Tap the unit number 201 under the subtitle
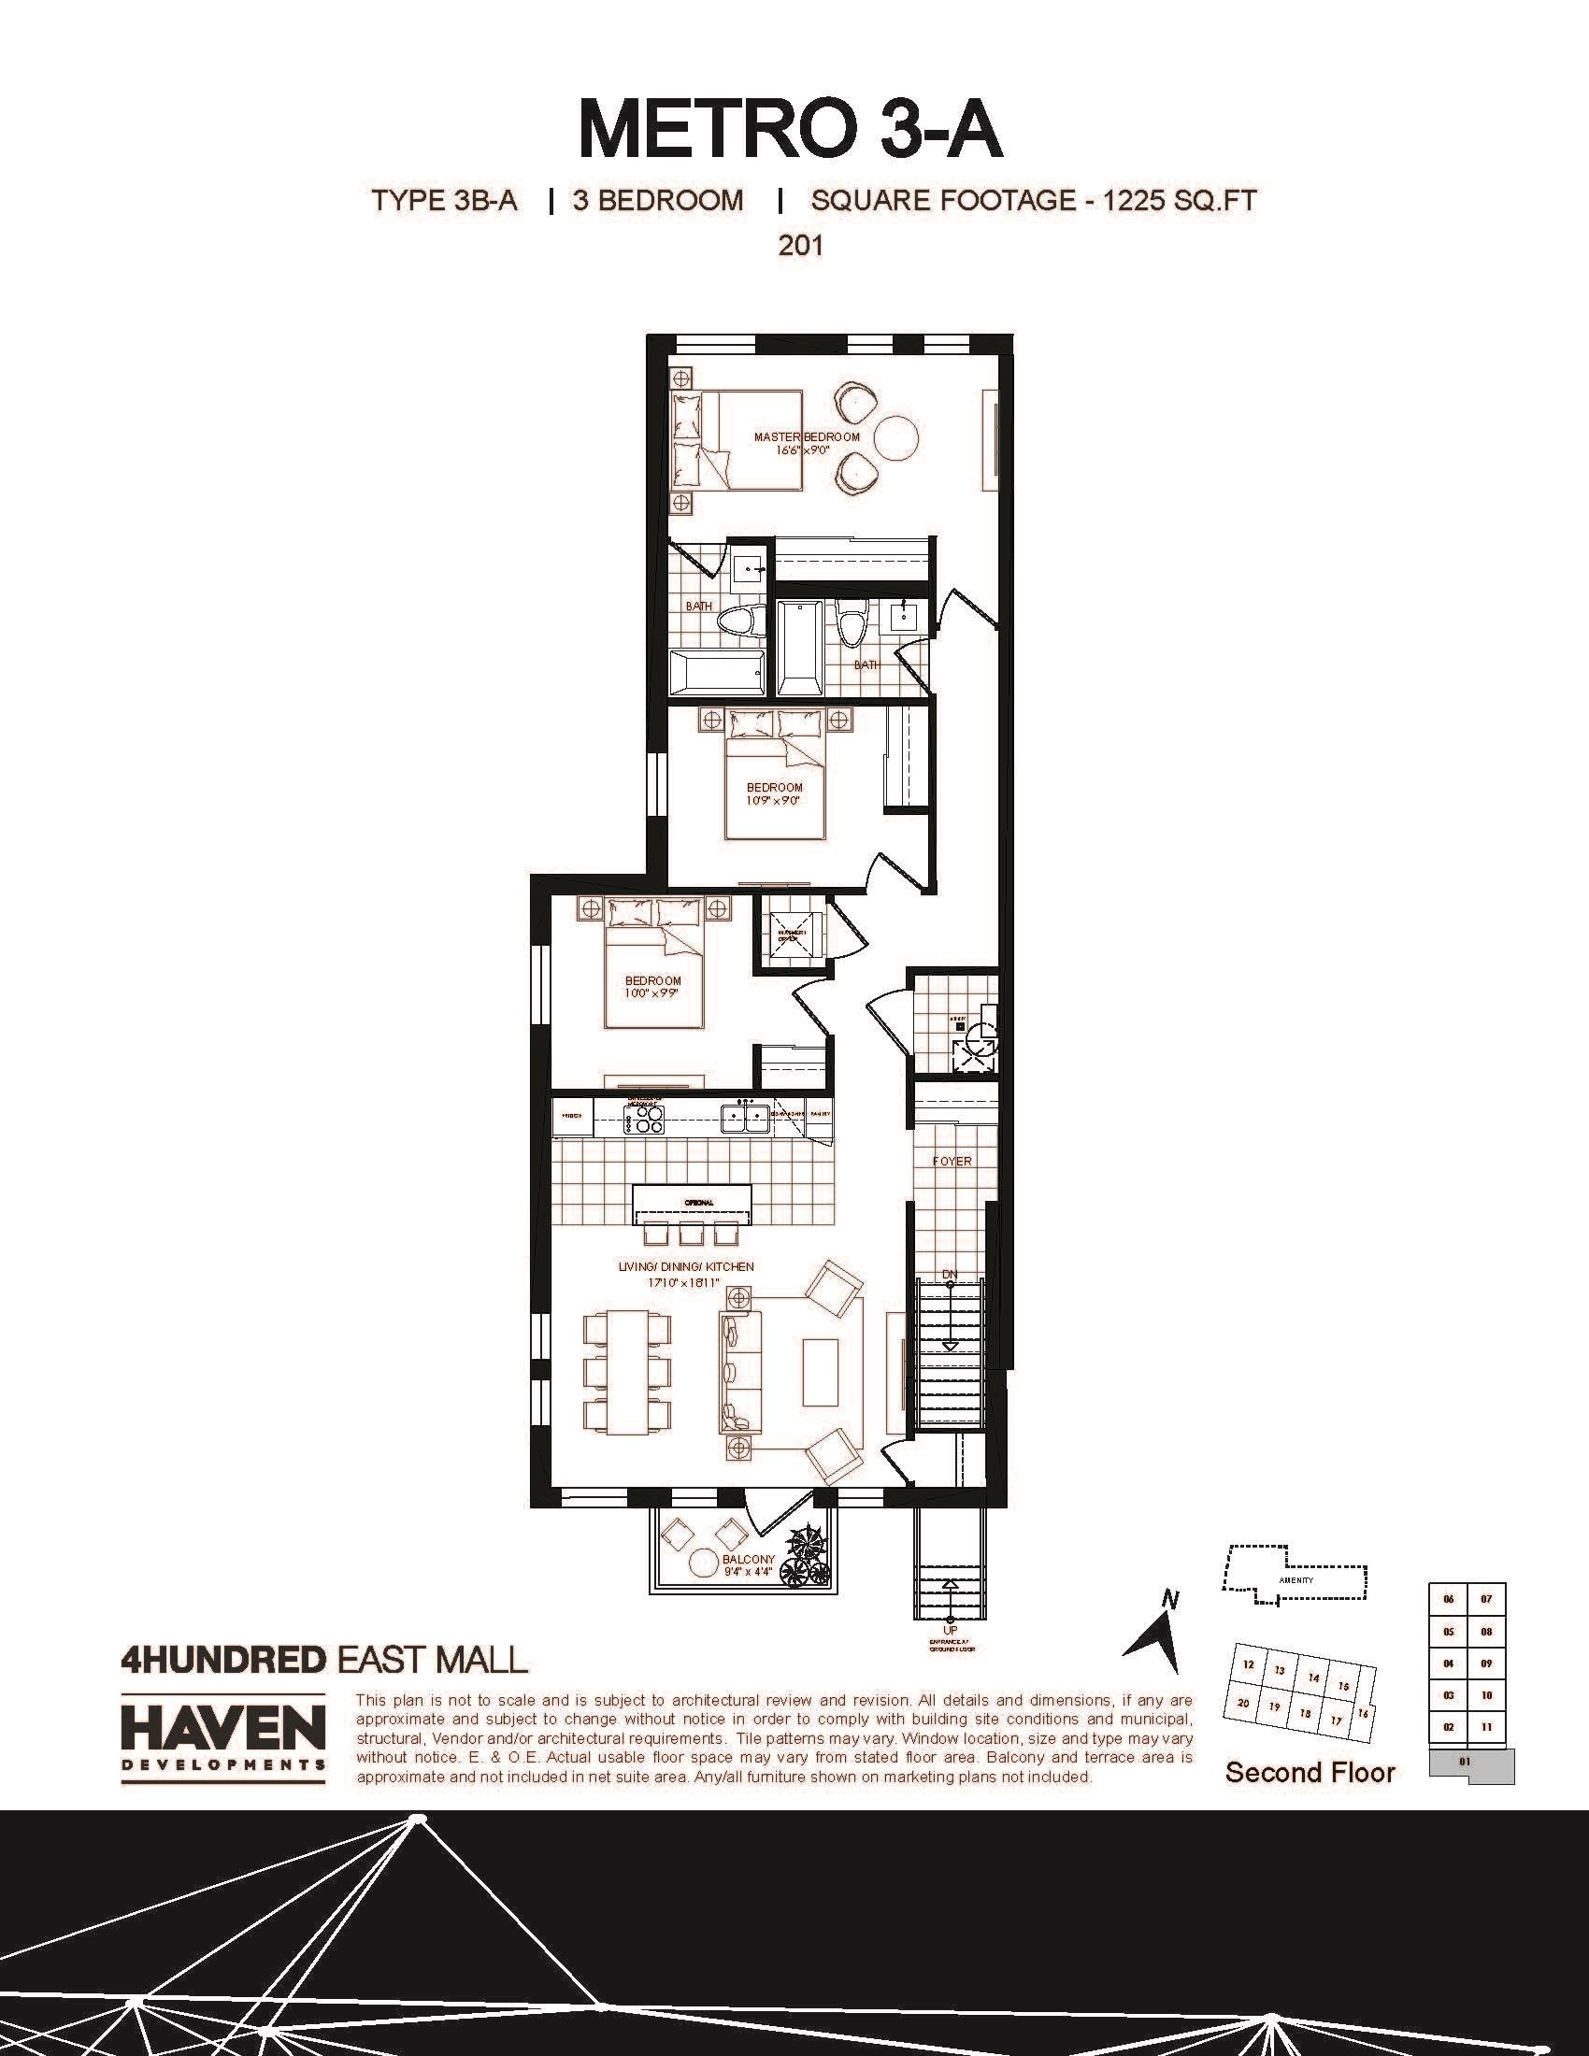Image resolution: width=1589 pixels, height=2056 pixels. coord(800,246)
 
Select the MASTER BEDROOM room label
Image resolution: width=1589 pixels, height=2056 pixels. coord(807,436)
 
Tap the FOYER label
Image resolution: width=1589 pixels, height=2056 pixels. coord(952,1162)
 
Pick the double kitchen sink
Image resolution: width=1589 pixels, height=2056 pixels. coord(746,1119)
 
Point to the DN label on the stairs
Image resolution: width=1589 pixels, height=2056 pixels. coord(950,1275)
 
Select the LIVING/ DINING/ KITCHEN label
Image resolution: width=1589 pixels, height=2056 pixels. coord(685,1267)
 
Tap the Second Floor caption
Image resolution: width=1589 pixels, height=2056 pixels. coord(1310,1773)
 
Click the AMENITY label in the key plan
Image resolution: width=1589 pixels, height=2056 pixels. coord(1296,1579)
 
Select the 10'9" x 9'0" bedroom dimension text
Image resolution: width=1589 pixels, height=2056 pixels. coord(774,800)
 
